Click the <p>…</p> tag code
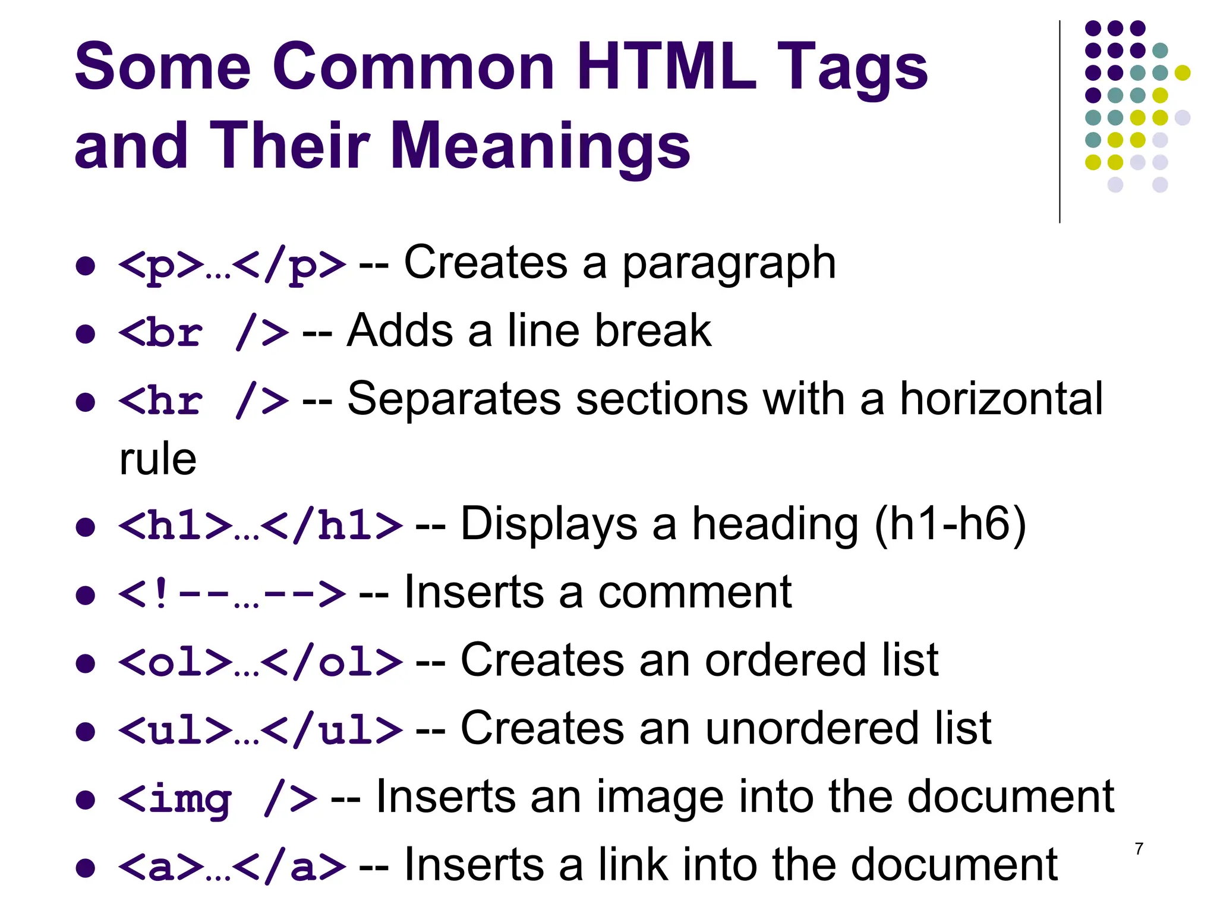(x=232, y=265)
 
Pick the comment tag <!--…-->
(x=232, y=594)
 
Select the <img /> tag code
(x=217, y=798)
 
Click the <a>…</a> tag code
(x=232, y=867)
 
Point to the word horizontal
(x=1001, y=398)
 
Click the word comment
(x=695, y=593)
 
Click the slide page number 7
(x=1139, y=849)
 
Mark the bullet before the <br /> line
(x=86, y=333)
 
